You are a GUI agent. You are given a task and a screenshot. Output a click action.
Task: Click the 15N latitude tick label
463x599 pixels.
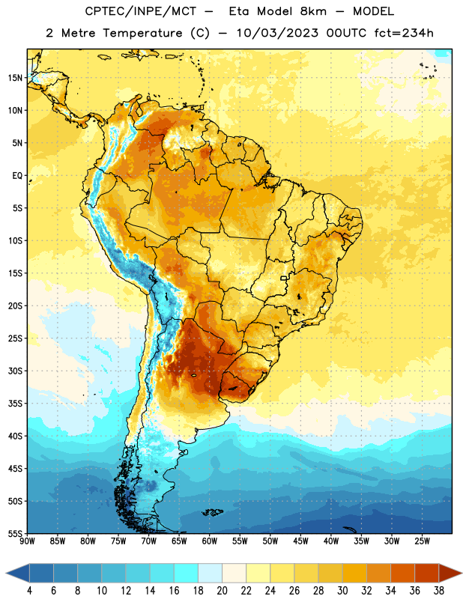[15, 78]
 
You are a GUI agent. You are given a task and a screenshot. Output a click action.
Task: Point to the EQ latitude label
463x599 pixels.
[17, 176]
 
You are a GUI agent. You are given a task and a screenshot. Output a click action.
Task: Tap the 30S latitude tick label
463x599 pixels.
[15, 371]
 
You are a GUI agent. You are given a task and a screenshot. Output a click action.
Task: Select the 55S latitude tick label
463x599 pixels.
[15, 534]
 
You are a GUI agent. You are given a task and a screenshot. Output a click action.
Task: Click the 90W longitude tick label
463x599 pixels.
[27, 541]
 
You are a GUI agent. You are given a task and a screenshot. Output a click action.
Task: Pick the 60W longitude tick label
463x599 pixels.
[210, 541]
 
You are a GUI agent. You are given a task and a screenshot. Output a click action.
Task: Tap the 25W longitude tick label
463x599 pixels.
[422, 541]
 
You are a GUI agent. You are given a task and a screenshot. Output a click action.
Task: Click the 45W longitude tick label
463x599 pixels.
[300, 541]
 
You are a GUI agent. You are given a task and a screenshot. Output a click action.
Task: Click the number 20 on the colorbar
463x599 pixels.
[222, 591]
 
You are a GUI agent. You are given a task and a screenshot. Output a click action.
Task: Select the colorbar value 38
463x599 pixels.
[439, 591]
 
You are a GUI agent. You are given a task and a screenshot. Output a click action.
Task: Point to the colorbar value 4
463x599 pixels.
[29, 591]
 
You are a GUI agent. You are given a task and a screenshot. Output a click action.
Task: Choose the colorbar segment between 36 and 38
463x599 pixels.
[427, 573]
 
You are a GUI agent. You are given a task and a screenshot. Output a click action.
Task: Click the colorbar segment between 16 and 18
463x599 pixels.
[186, 573]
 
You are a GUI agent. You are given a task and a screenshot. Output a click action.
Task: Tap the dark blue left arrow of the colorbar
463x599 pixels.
[17, 573]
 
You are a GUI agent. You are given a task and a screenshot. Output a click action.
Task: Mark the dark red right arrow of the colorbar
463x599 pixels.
[451, 573]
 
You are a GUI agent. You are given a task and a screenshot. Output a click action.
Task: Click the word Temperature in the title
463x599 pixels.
[142, 33]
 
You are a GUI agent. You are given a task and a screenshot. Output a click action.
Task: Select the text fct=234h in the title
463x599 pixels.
[404, 33]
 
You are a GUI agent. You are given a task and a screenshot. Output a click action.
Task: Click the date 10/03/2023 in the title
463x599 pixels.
[277, 33]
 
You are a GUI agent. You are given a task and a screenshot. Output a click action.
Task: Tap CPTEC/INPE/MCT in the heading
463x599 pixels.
[140, 12]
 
